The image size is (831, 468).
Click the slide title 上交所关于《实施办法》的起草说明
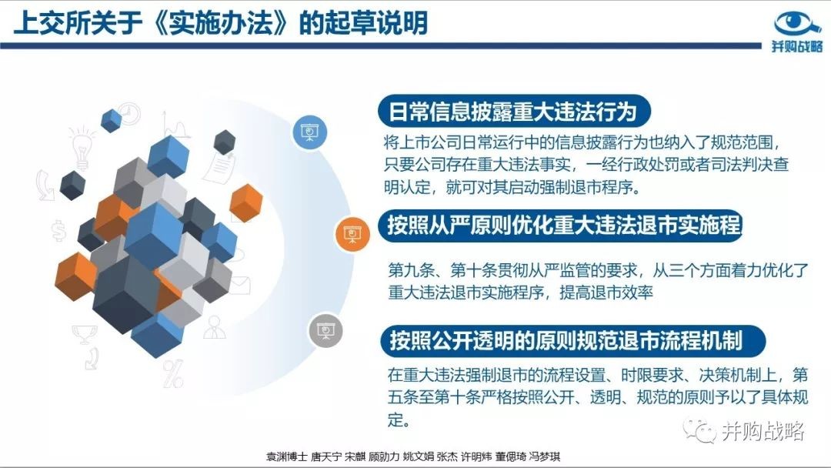(221, 23)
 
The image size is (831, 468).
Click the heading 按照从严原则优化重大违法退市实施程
(563, 225)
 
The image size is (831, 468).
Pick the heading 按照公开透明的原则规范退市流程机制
(566, 339)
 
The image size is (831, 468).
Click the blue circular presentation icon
(310, 132)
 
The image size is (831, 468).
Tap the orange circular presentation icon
(352, 234)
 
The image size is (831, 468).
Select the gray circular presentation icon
(326, 331)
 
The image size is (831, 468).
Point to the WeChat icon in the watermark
(699, 430)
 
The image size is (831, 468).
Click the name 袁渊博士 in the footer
(286, 456)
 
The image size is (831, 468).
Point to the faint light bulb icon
(82, 147)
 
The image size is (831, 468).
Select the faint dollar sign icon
(58, 231)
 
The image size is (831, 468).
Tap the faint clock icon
(129, 113)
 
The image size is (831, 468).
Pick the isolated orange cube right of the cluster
(246, 202)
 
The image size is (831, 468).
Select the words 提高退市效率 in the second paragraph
(606, 292)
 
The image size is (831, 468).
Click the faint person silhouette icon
(215, 328)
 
